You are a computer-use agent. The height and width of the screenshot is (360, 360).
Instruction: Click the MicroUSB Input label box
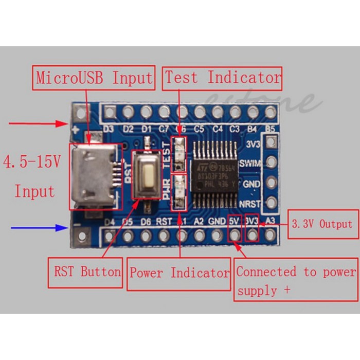click(94, 78)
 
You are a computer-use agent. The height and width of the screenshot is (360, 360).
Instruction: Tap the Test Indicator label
click(223, 78)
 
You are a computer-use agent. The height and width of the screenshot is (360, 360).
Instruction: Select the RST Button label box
click(87, 272)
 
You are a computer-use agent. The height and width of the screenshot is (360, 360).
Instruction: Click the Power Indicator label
click(179, 272)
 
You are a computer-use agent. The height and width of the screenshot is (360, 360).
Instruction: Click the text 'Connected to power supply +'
click(296, 281)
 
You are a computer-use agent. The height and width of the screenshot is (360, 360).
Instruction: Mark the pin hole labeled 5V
click(235, 236)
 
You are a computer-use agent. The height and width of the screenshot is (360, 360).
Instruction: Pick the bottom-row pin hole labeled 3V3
click(253, 236)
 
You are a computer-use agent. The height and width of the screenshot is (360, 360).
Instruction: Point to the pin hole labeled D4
click(110, 236)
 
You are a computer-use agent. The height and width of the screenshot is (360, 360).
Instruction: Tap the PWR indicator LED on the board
click(179, 191)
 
